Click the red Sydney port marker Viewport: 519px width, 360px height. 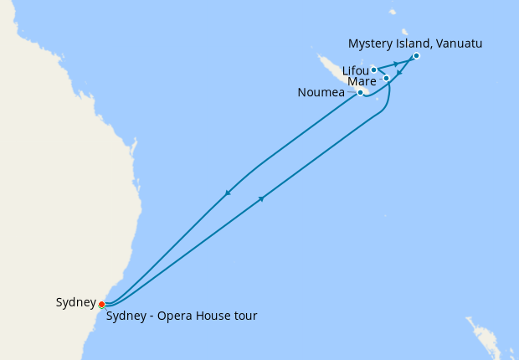[101, 304]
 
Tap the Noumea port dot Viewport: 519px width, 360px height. [360, 92]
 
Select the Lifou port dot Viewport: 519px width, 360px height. [373, 69]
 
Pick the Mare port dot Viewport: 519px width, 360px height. [386, 78]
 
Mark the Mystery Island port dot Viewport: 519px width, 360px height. [416, 55]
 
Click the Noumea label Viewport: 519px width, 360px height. [321, 92]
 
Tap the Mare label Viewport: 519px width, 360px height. [362, 81]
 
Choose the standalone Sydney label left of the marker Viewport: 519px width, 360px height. [75, 302]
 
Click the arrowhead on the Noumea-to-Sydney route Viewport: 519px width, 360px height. [227, 194]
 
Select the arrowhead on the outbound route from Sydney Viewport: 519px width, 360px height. [262, 198]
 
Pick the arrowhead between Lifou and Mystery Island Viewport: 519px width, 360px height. [395, 64]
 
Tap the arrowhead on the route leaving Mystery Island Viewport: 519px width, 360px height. [400, 73]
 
